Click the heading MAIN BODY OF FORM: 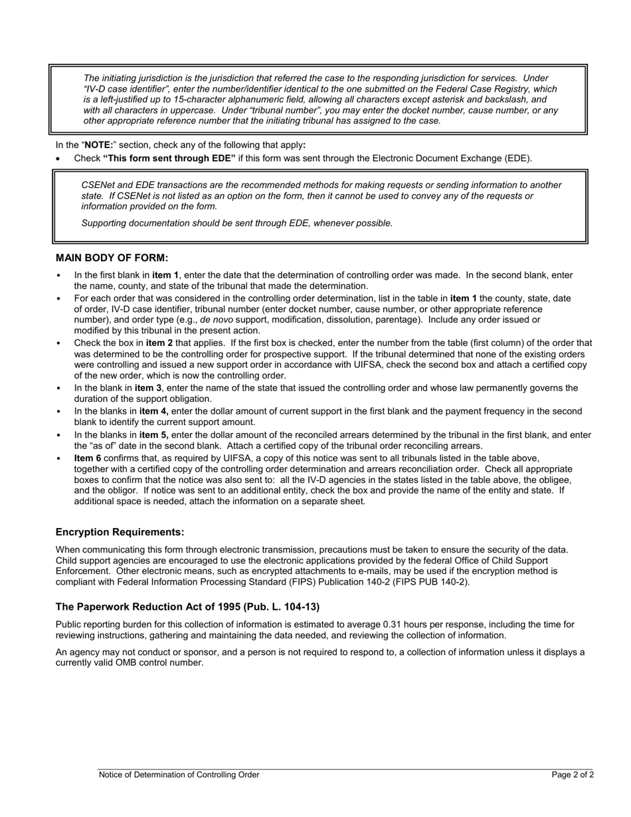pos(112,258)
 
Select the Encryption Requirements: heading pos(120,532)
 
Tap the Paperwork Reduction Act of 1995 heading pos(187,606)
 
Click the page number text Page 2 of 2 pos(573,774)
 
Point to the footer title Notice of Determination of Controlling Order pos(179,774)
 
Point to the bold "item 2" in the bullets pos(159,343)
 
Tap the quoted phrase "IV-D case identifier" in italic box pos(129,89)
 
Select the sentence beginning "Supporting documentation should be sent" pos(237,223)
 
